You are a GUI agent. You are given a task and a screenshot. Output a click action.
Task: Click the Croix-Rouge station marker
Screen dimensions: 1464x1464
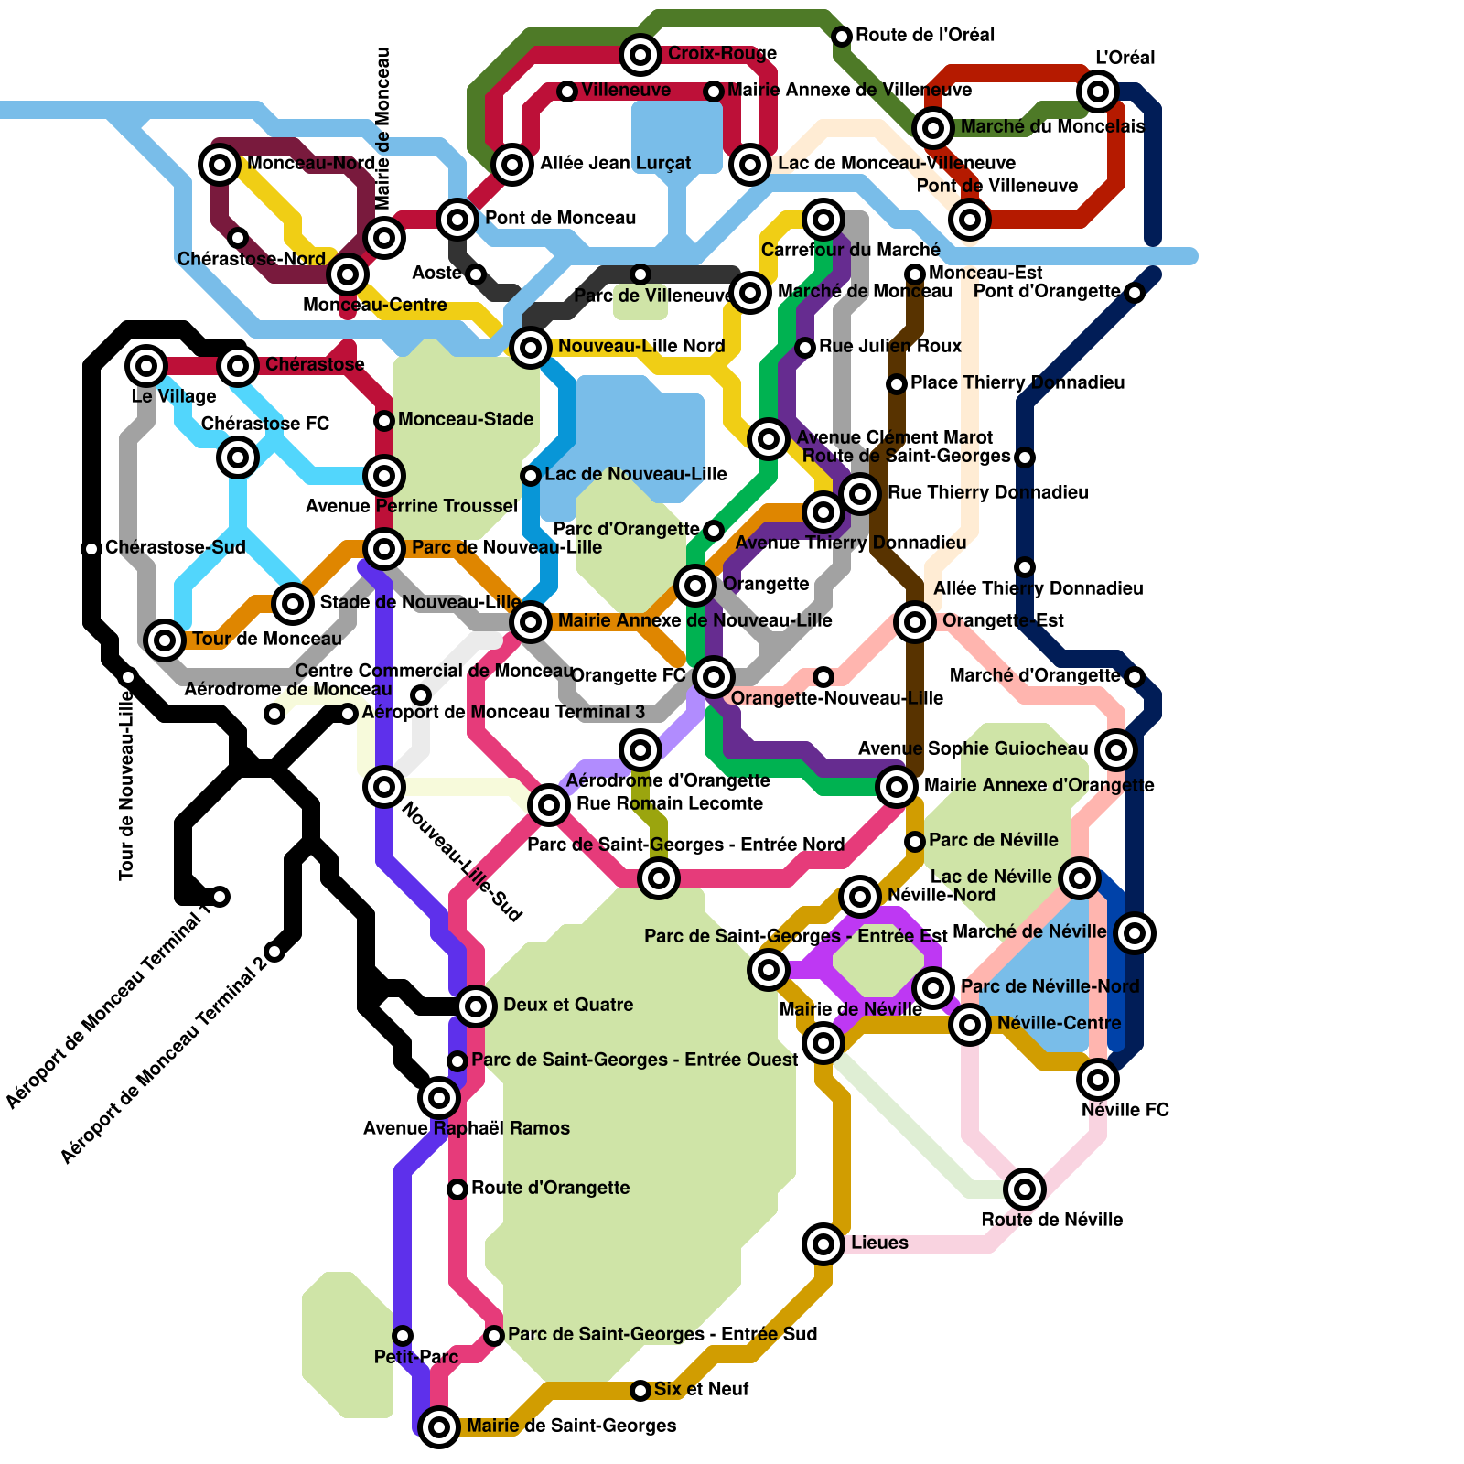coord(640,55)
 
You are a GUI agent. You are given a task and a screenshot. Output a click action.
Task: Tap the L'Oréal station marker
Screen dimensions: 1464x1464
coord(1098,91)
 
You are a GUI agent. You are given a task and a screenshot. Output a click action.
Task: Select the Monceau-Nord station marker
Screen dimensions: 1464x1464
coord(220,165)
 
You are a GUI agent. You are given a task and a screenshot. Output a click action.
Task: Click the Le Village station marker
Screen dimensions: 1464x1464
coord(146,366)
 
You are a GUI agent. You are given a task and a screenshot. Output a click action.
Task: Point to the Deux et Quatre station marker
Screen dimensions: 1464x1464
coord(476,1006)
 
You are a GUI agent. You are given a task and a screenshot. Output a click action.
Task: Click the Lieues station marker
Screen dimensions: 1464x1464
coord(823,1243)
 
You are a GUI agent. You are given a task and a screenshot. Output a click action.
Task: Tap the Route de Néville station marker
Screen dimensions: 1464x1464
coord(1025,1189)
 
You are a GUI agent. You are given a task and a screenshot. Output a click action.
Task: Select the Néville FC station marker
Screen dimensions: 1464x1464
coord(1098,1080)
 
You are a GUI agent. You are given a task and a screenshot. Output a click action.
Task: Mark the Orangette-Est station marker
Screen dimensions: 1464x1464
coord(915,622)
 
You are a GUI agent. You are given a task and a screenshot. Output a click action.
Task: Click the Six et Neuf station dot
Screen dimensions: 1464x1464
coord(640,1391)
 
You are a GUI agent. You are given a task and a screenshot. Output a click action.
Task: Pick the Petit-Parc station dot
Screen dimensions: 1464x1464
coord(403,1336)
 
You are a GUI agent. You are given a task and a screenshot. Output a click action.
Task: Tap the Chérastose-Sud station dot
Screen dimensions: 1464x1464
coord(91,549)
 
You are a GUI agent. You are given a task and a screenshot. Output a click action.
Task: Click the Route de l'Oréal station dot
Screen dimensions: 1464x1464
coord(842,37)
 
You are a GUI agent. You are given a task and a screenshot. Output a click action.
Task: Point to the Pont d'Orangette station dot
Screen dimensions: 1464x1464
coord(1135,293)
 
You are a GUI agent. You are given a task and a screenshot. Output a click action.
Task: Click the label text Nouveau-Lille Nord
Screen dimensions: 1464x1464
coord(641,346)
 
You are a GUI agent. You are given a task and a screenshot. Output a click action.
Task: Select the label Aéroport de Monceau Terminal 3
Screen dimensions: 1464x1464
coord(503,712)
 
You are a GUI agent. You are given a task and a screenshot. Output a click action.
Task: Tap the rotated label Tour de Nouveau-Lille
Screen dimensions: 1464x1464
coord(127,787)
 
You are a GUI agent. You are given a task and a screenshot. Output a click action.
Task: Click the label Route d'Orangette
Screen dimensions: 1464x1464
coord(550,1188)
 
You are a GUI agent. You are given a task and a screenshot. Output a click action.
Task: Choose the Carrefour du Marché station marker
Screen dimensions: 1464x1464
coord(823,220)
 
